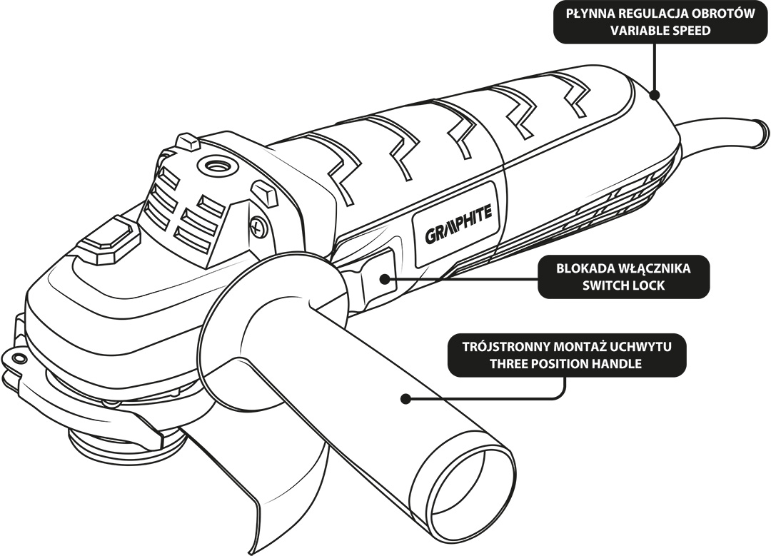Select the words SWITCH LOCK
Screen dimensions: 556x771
pos(623,285)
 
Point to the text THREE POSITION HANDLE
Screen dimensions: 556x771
pos(566,363)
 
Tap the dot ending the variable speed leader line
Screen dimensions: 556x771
pos(655,94)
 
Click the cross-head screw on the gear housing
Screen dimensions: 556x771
pos(258,227)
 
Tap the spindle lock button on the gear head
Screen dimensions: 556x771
pos(107,239)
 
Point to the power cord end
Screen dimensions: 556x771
pos(763,131)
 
